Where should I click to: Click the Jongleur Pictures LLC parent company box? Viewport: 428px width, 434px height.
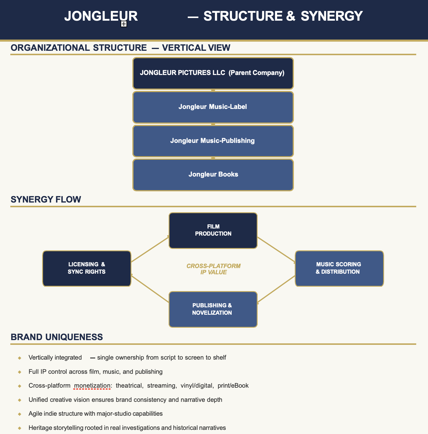pos(213,73)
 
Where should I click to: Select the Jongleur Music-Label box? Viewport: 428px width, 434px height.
pos(213,107)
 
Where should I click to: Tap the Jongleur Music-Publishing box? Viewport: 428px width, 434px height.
pos(213,141)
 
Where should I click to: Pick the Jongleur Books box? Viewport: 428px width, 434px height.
pos(213,174)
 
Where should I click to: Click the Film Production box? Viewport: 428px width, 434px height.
pos(213,230)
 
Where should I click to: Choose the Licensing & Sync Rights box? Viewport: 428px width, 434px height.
pos(87,268)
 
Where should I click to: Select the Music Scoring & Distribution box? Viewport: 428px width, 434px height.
pos(339,268)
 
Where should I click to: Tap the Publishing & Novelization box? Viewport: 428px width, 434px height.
pos(213,309)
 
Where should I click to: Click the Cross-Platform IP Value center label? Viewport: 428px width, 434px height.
pos(213,269)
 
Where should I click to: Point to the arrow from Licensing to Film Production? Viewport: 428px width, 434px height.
pos(150,249)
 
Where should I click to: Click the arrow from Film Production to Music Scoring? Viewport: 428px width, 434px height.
pos(276,249)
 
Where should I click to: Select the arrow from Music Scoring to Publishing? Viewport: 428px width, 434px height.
pos(276,289)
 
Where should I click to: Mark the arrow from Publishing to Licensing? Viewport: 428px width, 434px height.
pos(150,288)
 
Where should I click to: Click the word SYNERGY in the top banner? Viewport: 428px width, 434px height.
pos(331,16)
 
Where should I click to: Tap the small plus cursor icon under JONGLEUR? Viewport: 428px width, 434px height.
pos(124,24)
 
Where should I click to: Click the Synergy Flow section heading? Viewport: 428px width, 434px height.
pos(46,200)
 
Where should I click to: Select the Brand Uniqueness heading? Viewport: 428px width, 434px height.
pos(57,337)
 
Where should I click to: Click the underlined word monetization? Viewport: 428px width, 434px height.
pos(92,386)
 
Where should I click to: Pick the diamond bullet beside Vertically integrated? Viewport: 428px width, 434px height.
pos(20,358)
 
